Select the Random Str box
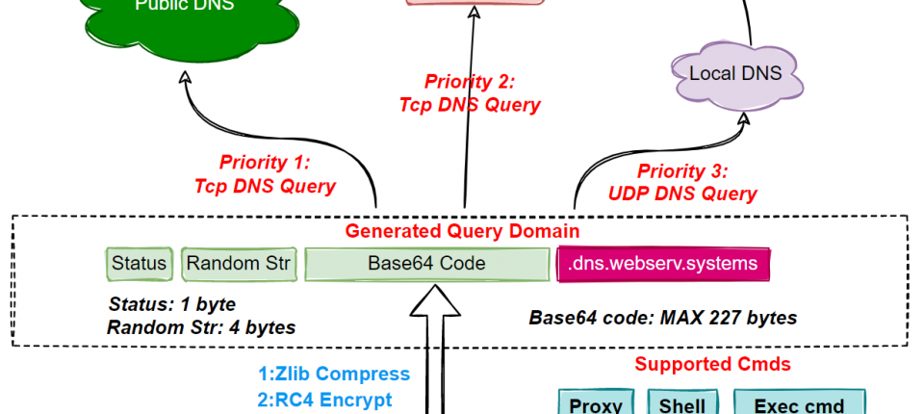(x=237, y=263)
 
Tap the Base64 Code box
(x=426, y=263)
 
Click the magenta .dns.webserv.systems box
(x=664, y=263)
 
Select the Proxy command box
(x=596, y=404)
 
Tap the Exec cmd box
(x=799, y=404)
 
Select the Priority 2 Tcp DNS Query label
(x=470, y=93)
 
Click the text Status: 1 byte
(x=172, y=305)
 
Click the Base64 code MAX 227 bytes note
(x=663, y=317)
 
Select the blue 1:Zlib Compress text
(x=334, y=375)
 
